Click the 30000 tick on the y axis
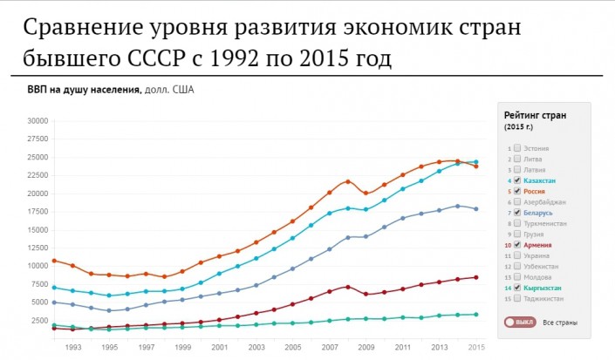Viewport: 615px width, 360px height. click(x=38, y=121)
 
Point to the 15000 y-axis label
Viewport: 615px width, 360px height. click(x=38, y=229)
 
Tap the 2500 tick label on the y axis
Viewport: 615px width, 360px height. click(x=40, y=320)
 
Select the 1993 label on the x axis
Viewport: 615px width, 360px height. click(x=73, y=348)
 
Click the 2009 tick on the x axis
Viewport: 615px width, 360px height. click(x=366, y=348)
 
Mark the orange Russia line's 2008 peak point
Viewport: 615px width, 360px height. click(x=347, y=181)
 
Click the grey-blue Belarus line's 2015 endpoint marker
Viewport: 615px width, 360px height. click(x=475, y=209)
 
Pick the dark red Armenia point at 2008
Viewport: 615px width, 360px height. click(x=347, y=287)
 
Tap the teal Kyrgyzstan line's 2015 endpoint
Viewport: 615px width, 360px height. click(x=475, y=315)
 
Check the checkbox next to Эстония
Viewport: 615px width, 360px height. click(x=517, y=149)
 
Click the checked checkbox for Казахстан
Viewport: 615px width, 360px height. click(x=517, y=180)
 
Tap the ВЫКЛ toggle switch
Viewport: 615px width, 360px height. click(x=517, y=322)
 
